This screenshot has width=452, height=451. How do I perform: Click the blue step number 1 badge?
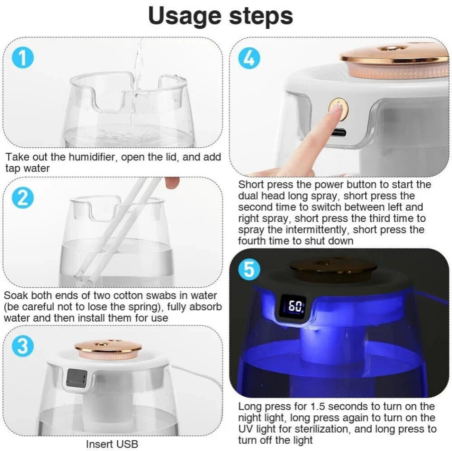click(x=22, y=59)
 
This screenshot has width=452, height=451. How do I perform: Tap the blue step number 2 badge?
click(x=22, y=199)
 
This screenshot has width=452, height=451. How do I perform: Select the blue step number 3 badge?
click(x=22, y=347)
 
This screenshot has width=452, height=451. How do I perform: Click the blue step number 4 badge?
click(x=249, y=58)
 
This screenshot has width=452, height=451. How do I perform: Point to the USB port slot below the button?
click(x=338, y=132)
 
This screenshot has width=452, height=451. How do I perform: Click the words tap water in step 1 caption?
click(x=28, y=169)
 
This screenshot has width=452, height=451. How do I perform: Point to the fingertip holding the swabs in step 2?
click(x=172, y=183)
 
